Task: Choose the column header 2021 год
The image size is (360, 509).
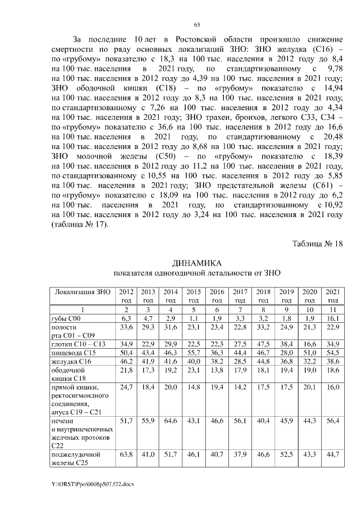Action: click(332, 296)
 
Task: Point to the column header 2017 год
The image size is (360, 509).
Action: click(240, 296)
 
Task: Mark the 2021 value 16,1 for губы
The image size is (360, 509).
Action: click(332, 318)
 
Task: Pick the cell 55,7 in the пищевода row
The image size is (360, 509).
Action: click(193, 352)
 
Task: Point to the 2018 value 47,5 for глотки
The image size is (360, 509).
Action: click(263, 343)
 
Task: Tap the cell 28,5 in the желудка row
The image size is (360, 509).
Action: click(240, 361)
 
